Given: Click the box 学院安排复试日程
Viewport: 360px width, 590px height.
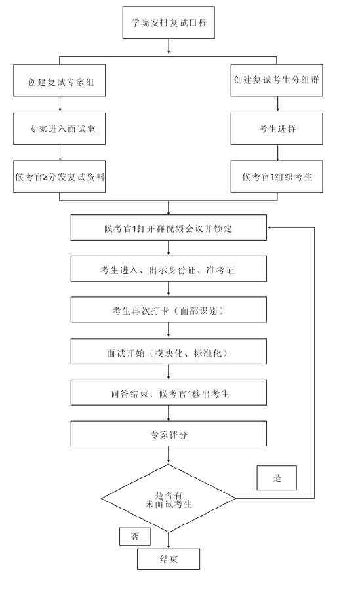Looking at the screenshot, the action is (169, 22).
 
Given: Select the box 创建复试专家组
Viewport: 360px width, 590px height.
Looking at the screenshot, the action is (60, 80).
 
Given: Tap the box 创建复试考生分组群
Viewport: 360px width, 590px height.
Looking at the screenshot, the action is (277, 80).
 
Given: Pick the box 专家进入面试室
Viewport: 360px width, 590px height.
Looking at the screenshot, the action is (60, 128).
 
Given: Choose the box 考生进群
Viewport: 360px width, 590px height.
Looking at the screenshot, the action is (277, 128).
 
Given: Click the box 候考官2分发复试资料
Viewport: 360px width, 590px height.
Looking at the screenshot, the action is (60, 177).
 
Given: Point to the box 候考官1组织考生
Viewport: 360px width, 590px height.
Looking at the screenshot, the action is (277, 177).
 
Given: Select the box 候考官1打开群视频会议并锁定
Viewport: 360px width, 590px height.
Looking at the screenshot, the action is (169, 227).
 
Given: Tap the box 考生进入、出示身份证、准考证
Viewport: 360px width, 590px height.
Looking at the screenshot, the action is (169, 269).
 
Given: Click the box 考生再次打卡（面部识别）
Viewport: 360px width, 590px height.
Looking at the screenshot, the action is (169, 309).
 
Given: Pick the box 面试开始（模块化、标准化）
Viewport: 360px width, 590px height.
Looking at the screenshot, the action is (169, 351).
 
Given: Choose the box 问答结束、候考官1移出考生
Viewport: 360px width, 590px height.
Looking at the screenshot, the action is (169, 393).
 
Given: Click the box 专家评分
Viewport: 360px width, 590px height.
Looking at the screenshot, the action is (169, 433).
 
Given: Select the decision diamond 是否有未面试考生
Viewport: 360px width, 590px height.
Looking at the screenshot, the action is (169, 498).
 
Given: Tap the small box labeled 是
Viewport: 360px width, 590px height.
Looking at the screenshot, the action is (277, 478).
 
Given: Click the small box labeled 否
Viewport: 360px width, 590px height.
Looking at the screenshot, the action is (135, 536).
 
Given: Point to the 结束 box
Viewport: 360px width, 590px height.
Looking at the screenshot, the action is (169, 559).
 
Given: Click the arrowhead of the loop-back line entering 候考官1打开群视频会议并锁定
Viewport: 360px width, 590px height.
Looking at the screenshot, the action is (269, 227).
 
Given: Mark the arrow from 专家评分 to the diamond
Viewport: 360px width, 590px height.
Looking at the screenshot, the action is (169, 455).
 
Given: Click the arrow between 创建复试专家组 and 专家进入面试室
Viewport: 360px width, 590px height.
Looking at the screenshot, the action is (60, 105).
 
